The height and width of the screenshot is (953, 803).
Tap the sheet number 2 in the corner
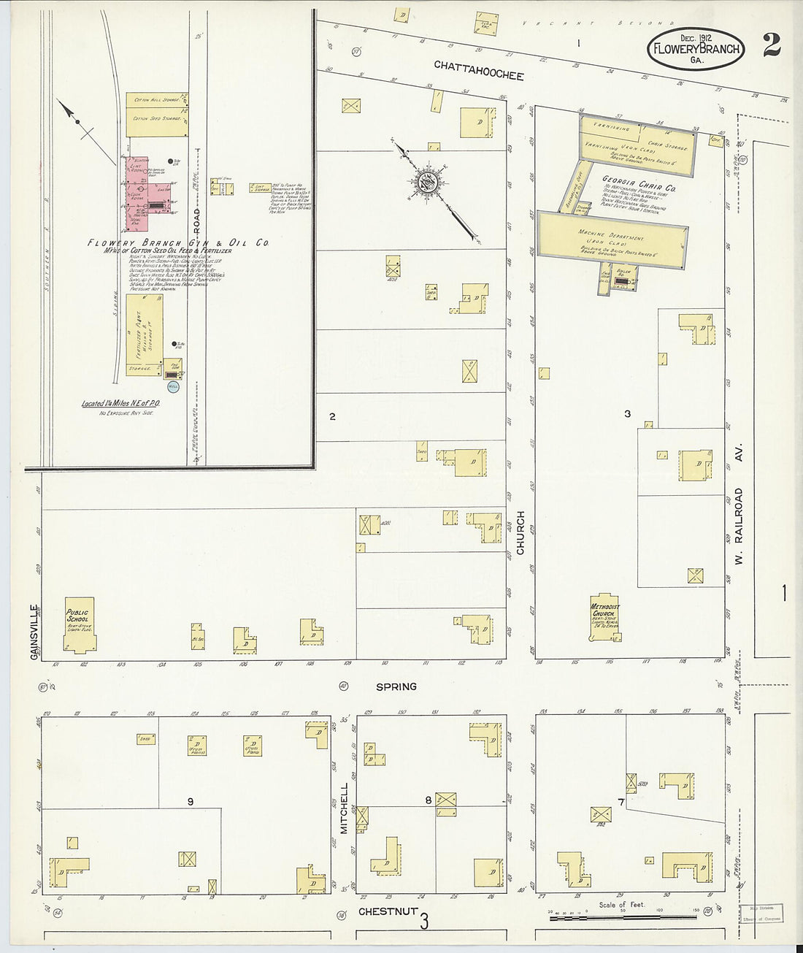click(771, 45)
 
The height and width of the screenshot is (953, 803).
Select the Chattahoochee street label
click(478, 70)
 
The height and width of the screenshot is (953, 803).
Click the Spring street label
click(396, 686)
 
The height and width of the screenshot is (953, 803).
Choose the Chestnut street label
click(388, 911)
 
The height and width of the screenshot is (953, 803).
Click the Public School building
click(78, 626)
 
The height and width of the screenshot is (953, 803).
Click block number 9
click(190, 802)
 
